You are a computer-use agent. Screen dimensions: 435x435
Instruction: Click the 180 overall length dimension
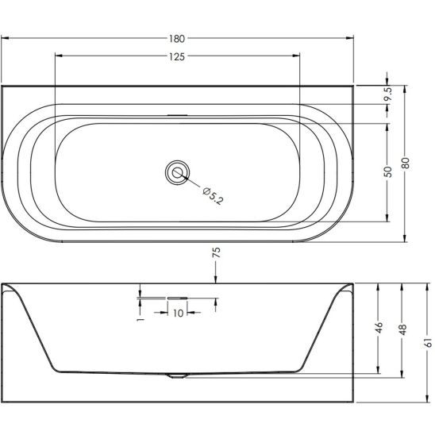tap(177, 39)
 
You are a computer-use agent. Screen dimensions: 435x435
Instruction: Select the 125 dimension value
tap(177, 56)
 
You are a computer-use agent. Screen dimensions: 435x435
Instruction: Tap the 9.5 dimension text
tap(388, 94)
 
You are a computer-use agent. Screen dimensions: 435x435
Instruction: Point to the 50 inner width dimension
tap(388, 171)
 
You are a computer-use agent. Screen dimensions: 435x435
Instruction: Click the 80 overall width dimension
tap(406, 163)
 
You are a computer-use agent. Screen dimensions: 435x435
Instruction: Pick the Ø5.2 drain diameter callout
tap(213, 195)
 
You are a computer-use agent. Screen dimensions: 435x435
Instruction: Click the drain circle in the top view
tap(177, 172)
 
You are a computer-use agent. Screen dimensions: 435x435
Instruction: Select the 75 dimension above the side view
tap(217, 252)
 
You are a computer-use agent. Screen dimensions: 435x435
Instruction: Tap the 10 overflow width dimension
tap(178, 313)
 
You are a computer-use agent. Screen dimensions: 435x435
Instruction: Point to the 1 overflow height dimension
tap(141, 319)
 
